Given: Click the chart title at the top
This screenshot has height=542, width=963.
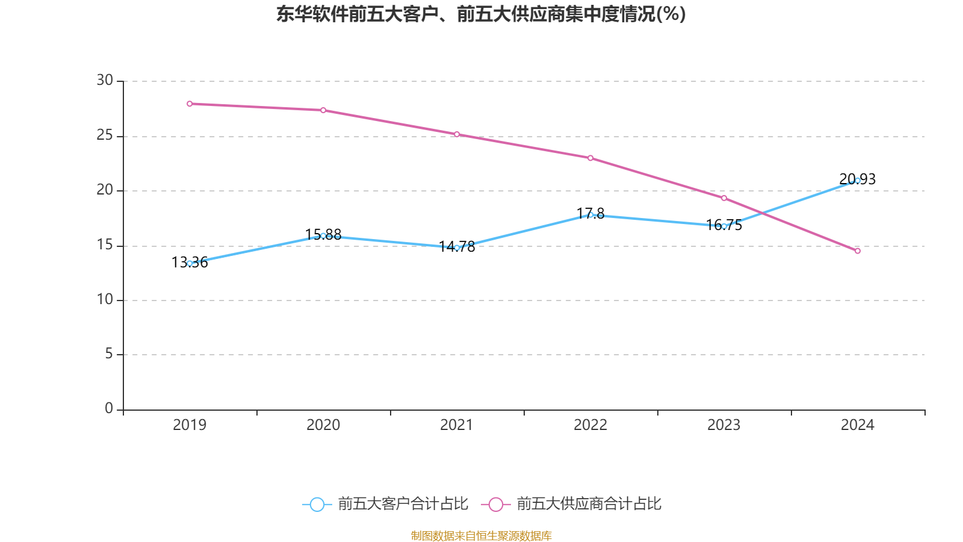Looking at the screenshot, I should click(481, 14).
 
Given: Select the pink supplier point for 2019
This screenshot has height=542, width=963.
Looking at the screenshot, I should click(190, 104).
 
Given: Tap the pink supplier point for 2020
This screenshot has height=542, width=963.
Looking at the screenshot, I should click(323, 110).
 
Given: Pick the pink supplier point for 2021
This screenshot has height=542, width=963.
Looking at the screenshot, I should click(457, 134).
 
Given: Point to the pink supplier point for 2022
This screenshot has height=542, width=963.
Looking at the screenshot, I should click(590, 158).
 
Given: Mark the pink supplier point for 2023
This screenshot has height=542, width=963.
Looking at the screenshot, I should click(724, 198).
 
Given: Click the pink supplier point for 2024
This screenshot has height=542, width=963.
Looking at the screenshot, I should click(858, 251).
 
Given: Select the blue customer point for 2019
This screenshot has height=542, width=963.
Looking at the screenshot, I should click(190, 263).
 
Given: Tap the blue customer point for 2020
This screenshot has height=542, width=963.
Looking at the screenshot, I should click(323, 235).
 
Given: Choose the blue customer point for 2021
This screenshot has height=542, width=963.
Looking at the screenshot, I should click(457, 248).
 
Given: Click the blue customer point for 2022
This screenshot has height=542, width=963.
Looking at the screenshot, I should click(590, 215).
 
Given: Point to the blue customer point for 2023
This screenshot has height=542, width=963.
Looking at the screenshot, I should click(724, 226).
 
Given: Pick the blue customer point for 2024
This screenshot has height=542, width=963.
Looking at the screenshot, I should click(858, 180).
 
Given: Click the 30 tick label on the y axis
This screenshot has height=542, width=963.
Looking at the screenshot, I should click(105, 81).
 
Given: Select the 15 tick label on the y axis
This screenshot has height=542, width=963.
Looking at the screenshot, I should click(105, 245).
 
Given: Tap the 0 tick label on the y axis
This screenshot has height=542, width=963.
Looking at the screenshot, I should click(109, 409).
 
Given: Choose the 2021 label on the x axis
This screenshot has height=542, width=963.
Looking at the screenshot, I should click(457, 425).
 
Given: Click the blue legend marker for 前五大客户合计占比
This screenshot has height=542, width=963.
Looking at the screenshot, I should click(317, 504).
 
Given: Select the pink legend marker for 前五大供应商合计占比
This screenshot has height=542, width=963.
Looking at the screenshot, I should click(495, 504).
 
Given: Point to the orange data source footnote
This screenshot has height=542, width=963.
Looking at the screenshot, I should click(481, 535).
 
